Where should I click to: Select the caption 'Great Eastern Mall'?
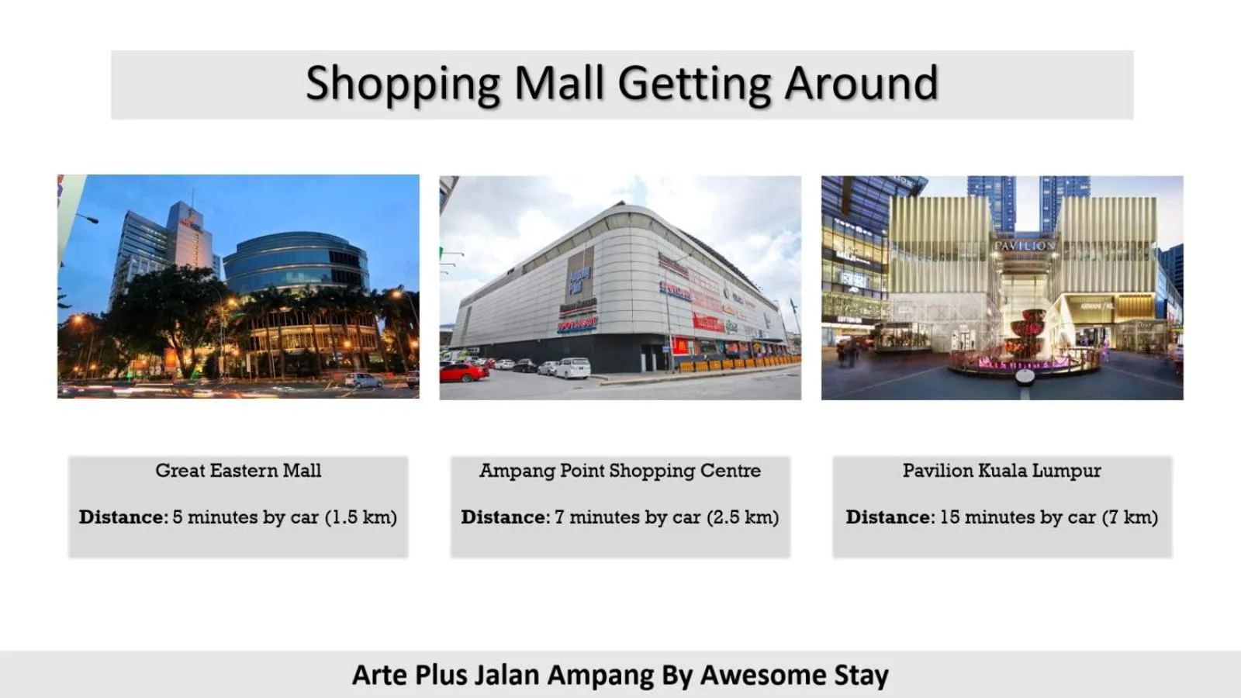click(238, 471)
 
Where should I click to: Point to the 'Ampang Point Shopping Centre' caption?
click(620, 471)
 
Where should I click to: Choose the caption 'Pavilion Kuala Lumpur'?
click(1001, 471)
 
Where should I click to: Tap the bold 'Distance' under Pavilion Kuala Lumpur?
click(889, 517)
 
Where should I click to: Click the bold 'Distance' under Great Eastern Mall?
click(122, 517)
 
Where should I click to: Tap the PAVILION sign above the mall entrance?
click(1025, 246)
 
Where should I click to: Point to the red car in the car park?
click(464, 371)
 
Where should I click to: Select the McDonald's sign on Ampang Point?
click(680, 346)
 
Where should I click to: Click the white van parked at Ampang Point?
click(572, 367)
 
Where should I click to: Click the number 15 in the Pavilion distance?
click(949, 517)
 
